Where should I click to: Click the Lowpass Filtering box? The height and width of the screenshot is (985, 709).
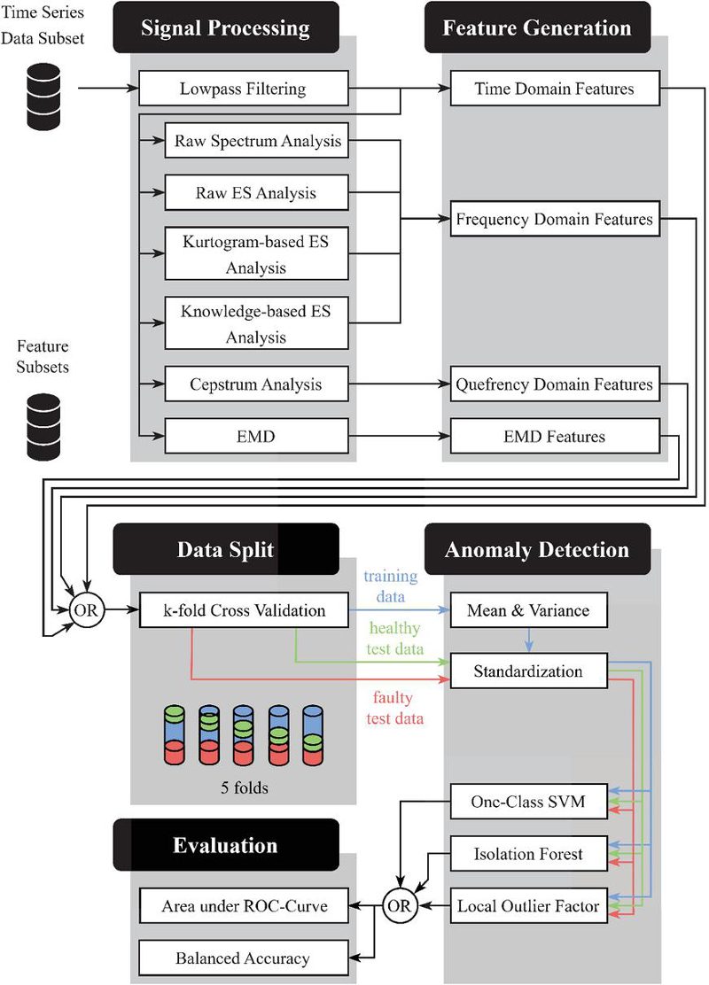pos(242,89)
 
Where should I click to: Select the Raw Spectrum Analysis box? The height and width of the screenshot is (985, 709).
pos(257,140)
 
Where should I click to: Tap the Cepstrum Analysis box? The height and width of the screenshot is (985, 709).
pos(257,384)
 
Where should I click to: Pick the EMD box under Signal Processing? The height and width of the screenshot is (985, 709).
pos(257,436)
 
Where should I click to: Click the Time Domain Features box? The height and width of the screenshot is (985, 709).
pos(555,89)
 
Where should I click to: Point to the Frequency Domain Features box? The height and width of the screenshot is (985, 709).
pos(555,218)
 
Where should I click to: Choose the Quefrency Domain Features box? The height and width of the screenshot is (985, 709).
pos(555,384)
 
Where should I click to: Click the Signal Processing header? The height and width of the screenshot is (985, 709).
pos(225,28)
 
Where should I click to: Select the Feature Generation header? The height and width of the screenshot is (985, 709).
pos(537,28)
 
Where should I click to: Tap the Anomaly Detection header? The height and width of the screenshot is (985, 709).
pos(537,549)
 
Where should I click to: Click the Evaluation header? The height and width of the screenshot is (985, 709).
pos(225,844)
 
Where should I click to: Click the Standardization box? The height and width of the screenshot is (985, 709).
pos(529,671)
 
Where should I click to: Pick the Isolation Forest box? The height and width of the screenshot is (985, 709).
pos(529,854)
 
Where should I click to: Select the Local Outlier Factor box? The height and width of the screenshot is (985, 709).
pos(529,906)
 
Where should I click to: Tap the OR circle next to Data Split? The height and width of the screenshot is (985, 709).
pos(85,609)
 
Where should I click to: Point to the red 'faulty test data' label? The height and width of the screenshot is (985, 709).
pos(393,708)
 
